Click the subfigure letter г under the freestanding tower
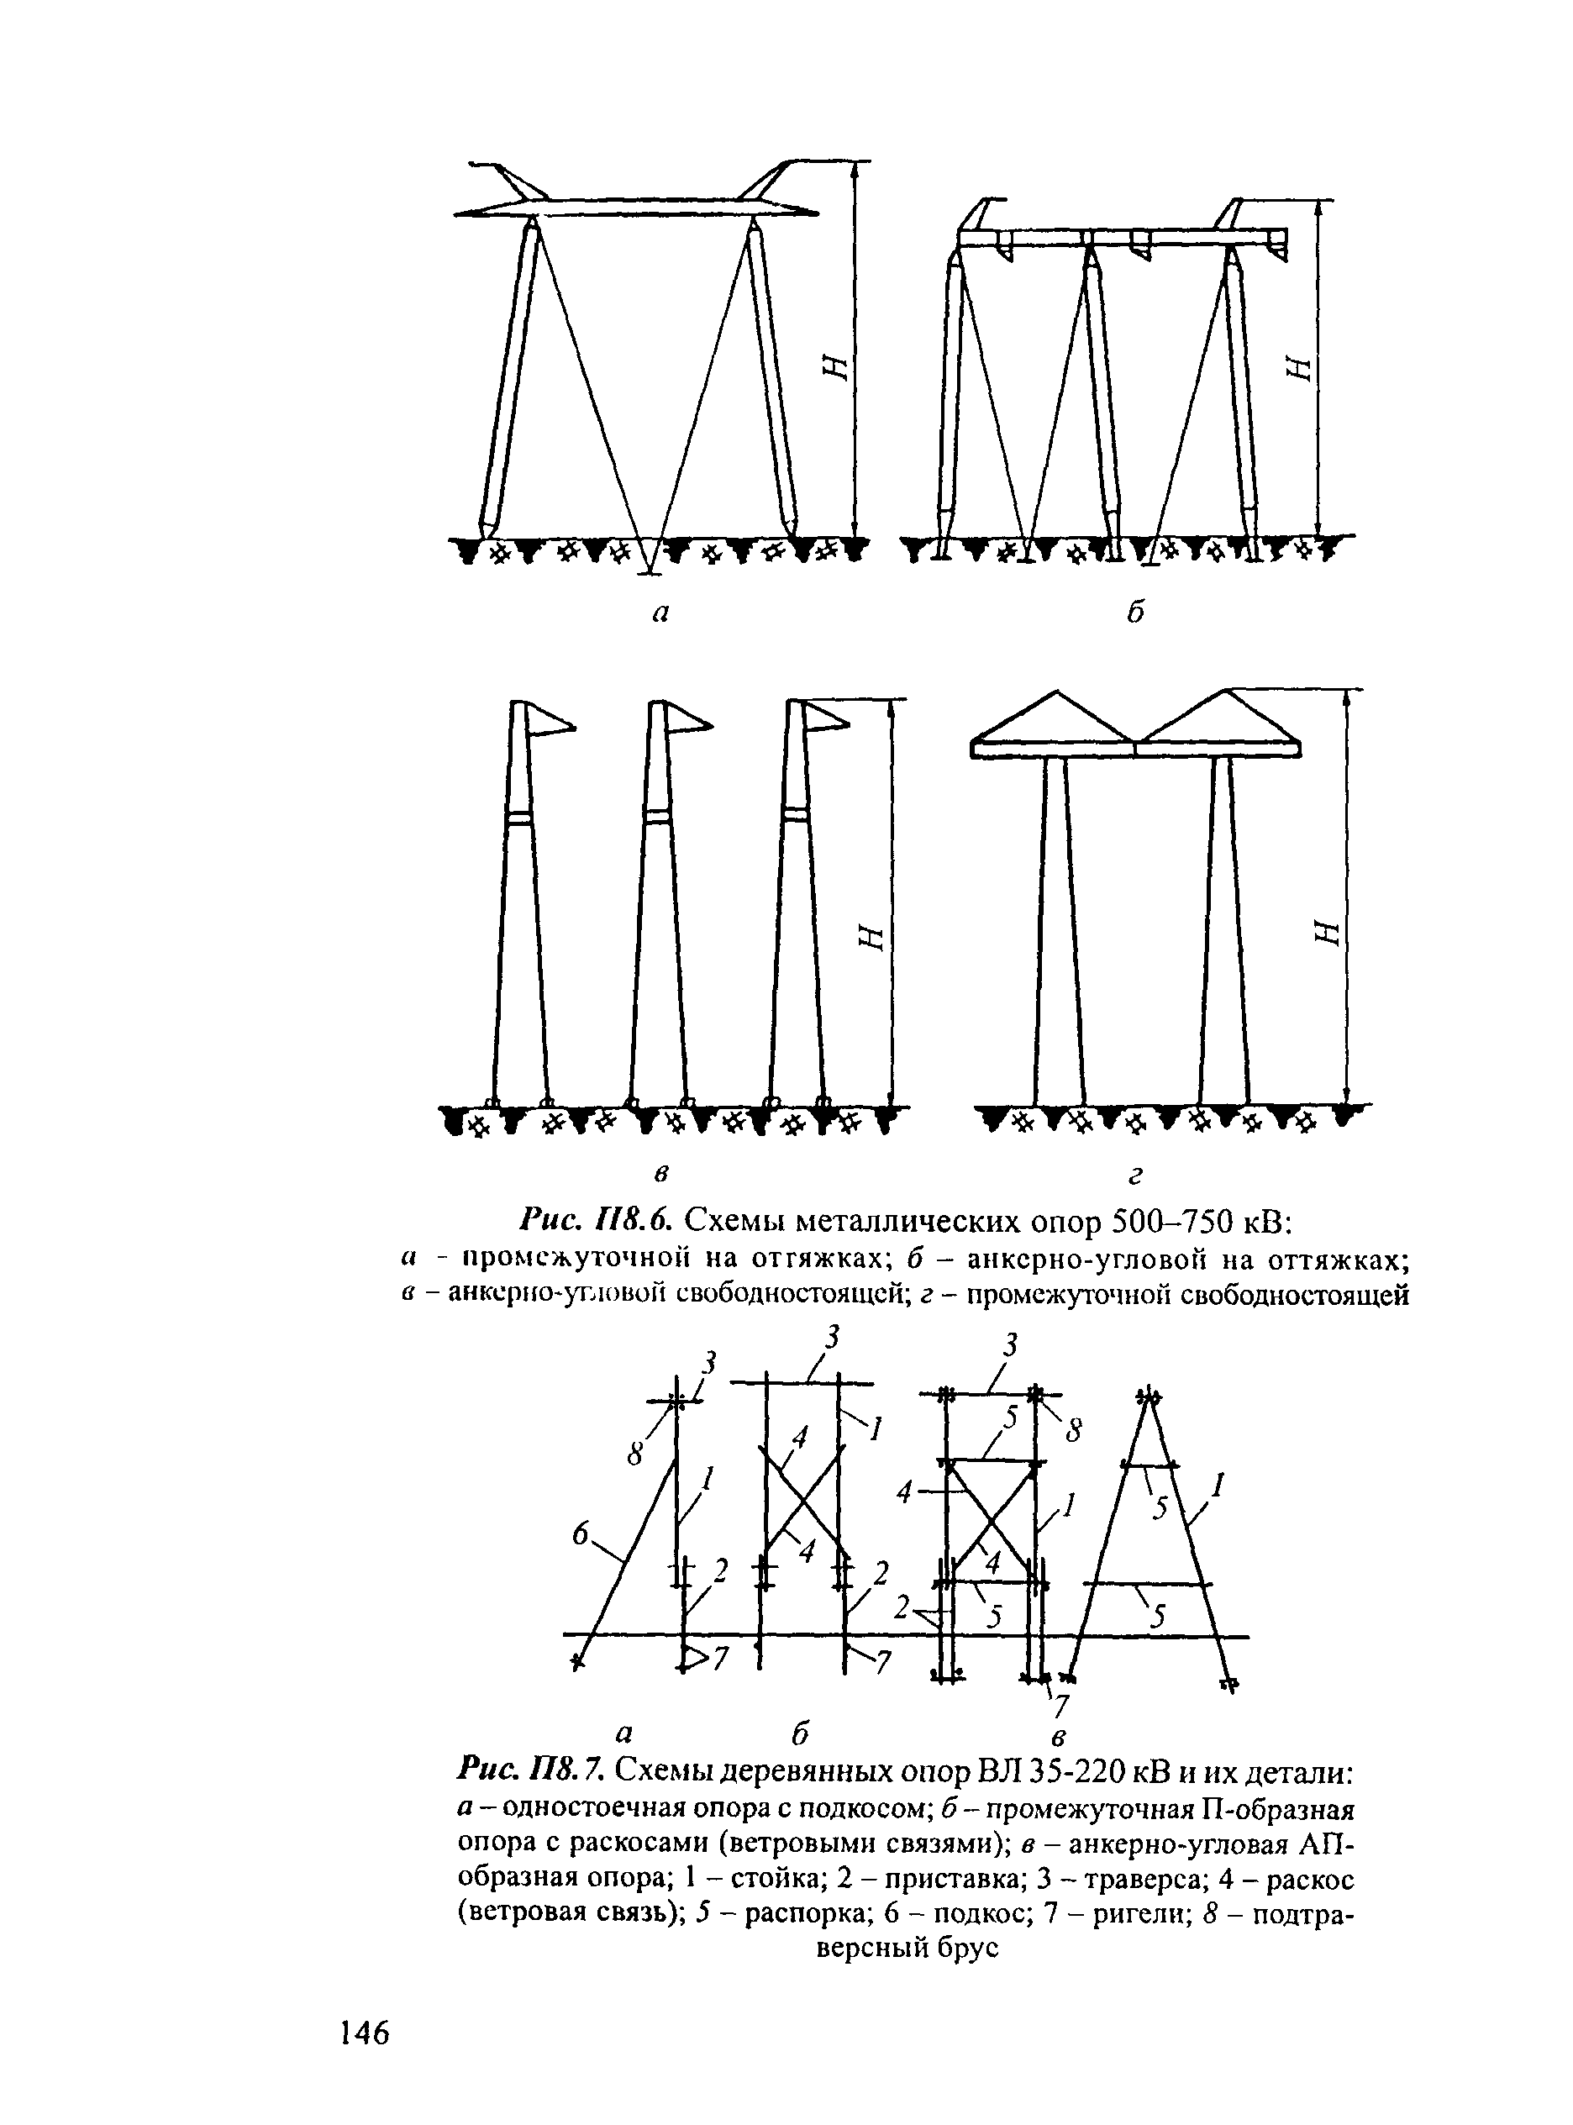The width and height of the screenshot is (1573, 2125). (1134, 1178)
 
